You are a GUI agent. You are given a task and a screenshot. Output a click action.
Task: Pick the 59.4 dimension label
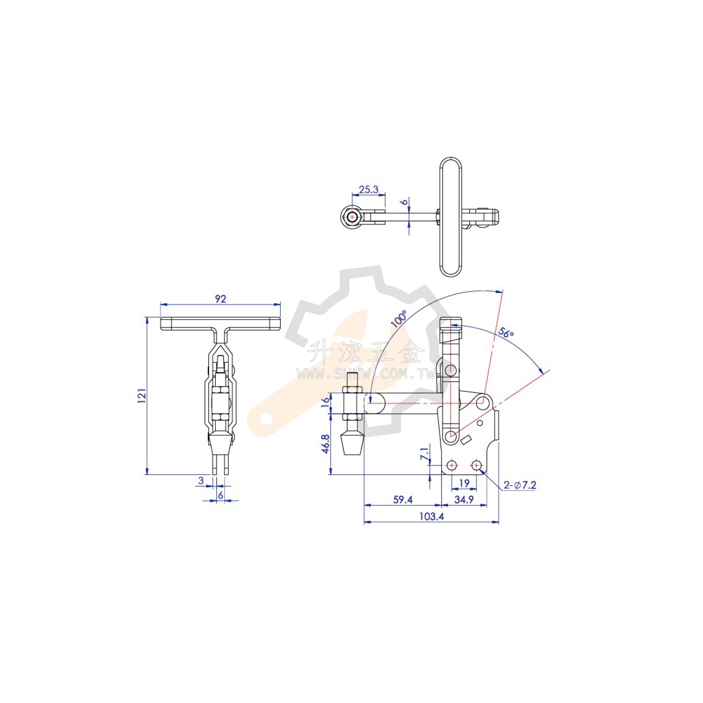[x=403, y=500]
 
